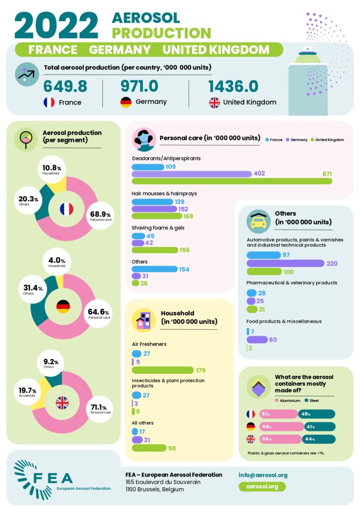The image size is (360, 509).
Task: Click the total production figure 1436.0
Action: tap(233, 87)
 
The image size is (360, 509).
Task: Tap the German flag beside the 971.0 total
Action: tap(126, 102)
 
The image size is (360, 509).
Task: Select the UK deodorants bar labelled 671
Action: tap(232, 181)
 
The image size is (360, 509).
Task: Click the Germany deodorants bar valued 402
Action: tap(192, 174)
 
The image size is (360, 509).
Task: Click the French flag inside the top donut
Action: tap(67, 209)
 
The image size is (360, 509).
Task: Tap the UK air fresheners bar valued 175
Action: tap(163, 370)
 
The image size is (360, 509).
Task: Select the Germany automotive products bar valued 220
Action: tap(285, 263)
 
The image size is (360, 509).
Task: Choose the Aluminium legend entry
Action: tap(287, 400)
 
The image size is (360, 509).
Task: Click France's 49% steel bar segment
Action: tap(316, 414)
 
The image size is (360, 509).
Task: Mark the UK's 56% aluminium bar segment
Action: tap(274, 439)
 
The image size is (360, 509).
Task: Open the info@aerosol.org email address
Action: tap(262, 475)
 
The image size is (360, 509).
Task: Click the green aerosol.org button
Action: tap(262, 486)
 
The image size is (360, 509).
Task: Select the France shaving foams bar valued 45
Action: tap(139, 236)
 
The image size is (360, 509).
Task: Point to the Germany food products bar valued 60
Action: tap(257, 340)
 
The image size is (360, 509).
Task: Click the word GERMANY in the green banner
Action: tap(120, 50)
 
